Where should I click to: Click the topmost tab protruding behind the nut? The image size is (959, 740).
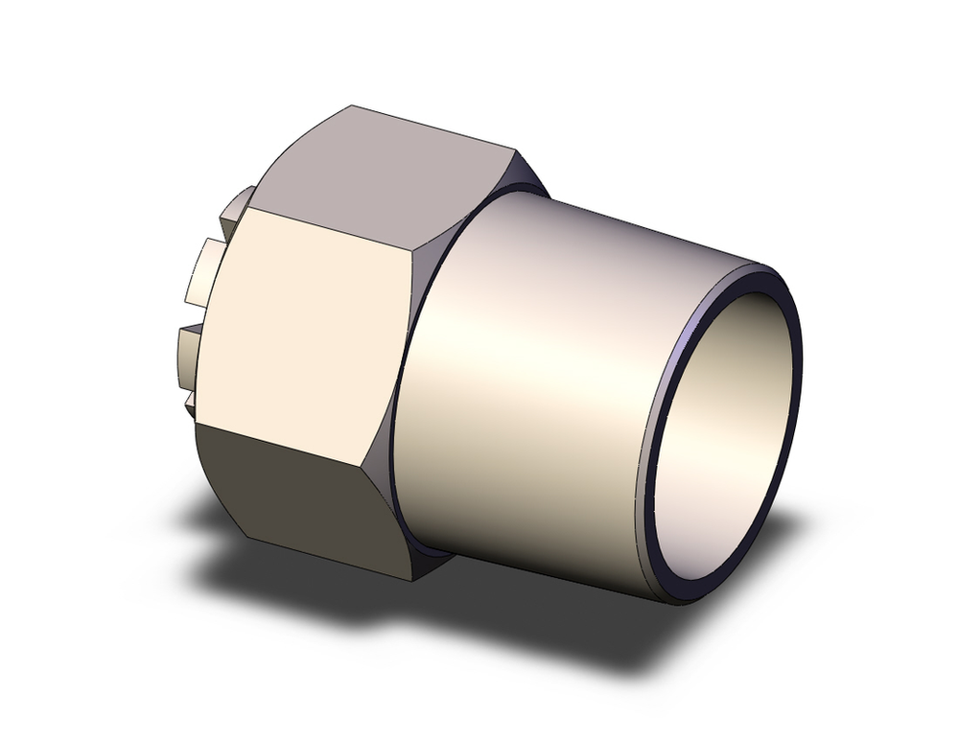238,209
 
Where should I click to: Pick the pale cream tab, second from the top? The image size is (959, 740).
205,269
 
